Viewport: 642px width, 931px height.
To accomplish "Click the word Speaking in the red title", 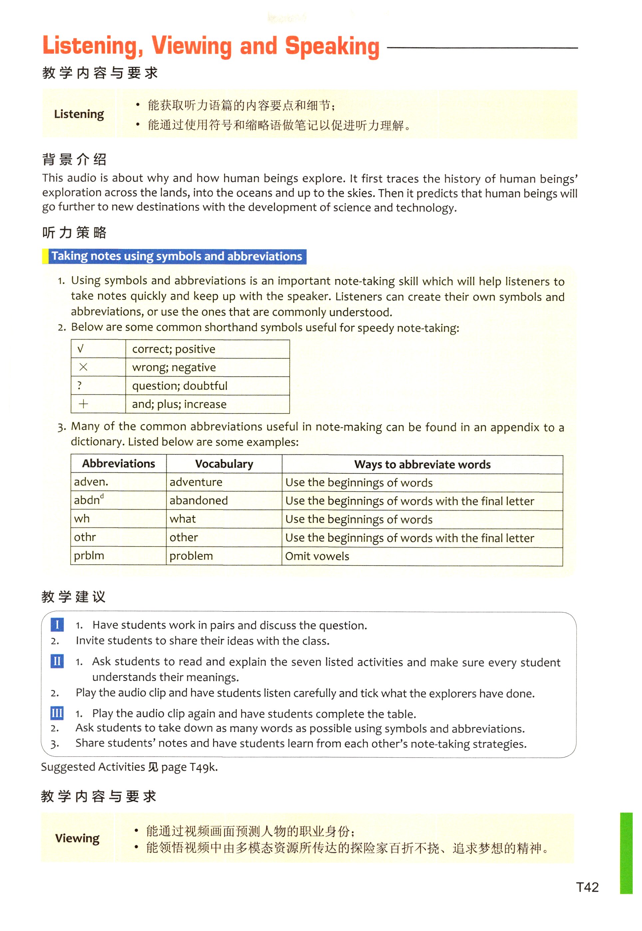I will [x=332, y=46].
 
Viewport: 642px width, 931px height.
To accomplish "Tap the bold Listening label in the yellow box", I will [x=79, y=114].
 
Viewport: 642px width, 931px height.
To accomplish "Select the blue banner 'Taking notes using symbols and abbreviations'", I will [x=176, y=257].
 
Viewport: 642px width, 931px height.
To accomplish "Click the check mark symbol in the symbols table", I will [x=81, y=349].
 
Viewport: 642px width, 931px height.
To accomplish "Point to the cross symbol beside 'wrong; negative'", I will [x=83, y=367].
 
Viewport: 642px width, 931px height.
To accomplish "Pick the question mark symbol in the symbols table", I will [x=80, y=385].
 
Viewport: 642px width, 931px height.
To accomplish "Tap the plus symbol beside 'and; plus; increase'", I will [x=83, y=404].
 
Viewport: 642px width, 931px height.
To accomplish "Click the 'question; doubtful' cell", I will [x=179, y=385].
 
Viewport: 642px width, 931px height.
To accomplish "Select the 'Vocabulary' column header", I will [x=224, y=464].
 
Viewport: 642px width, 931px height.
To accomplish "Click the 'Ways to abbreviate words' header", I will [x=422, y=464].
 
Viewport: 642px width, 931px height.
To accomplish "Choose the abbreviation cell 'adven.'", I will [x=91, y=482].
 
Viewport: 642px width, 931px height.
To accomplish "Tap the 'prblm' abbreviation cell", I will [x=89, y=556].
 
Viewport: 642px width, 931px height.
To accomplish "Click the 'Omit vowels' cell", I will [x=317, y=556].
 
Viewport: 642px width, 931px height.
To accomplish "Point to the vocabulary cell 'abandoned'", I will [x=198, y=501].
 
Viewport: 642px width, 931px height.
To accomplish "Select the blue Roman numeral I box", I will [x=57, y=624].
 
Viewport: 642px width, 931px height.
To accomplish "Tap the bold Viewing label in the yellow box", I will [x=77, y=838].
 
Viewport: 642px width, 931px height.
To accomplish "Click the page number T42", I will [x=587, y=887].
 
